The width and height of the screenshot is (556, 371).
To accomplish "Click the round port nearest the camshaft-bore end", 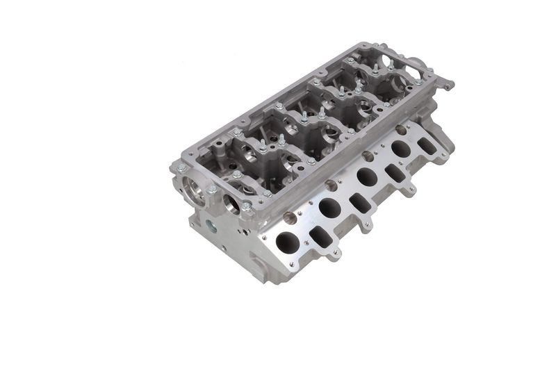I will [286, 242].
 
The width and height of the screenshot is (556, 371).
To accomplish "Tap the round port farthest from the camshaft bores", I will [400, 148].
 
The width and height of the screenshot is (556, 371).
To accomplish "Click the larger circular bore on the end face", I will [195, 188].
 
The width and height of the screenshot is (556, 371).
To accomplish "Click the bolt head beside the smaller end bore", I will [245, 206].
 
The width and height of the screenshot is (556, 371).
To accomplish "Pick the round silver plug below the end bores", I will [210, 226].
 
